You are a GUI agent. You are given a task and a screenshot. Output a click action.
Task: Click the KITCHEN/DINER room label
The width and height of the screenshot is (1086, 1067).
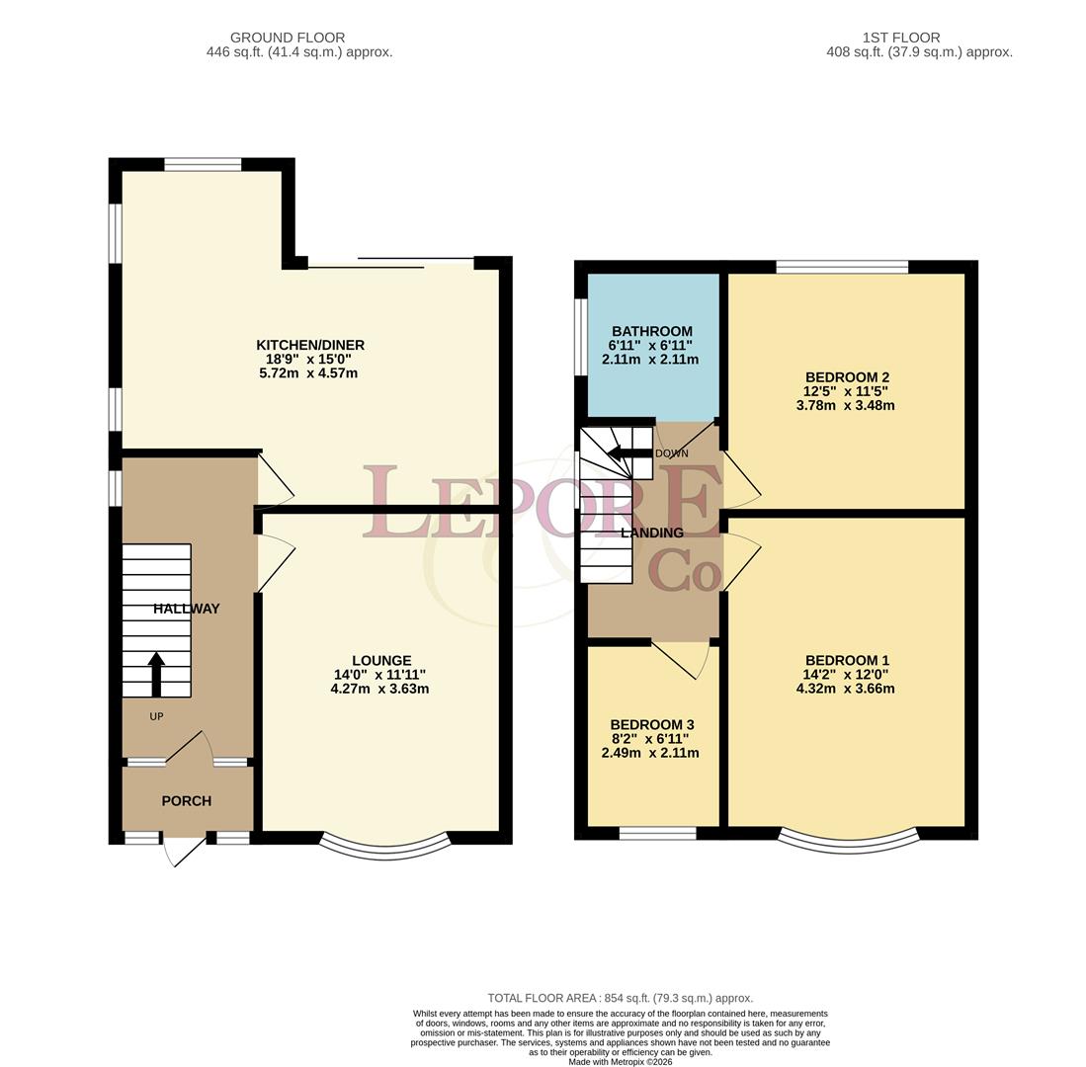[x=310, y=345]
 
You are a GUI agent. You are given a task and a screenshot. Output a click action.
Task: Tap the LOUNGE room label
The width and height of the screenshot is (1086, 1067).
[x=380, y=661]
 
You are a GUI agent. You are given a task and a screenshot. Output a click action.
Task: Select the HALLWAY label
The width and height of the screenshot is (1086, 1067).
[x=187, y=609]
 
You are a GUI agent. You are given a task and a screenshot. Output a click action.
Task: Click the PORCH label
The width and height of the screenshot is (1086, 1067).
[x=187, y=801]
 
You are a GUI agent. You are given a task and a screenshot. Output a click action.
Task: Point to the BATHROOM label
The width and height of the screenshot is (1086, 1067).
[x=652, y=331]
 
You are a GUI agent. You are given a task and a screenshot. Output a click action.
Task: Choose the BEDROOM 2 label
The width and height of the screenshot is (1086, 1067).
[x=847, y=377]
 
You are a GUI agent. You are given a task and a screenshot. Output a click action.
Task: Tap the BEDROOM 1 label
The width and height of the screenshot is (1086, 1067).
[x=847, y=661]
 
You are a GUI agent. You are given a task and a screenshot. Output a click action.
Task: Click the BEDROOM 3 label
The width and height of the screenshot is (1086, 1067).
[x=652, y=725]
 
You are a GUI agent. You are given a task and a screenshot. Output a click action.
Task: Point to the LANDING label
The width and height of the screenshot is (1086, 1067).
[x=652, y=533]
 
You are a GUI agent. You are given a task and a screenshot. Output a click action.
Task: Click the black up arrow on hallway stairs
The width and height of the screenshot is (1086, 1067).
[x=156, y=674]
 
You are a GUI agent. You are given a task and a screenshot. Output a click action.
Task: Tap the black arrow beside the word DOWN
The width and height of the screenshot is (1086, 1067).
[x=629, y=453]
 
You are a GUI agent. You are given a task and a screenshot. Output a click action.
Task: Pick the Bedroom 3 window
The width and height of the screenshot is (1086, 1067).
[x=657, y=833]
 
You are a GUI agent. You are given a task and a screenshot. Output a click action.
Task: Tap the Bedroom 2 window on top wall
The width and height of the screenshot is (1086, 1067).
[x=842, y=267]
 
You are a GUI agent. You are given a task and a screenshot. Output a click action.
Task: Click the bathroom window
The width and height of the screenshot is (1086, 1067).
[x=581, y=337]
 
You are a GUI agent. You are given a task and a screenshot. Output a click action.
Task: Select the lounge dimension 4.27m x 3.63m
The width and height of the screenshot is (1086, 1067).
[x=379, y=689]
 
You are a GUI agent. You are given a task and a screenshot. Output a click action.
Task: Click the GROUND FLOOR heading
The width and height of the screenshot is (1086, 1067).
[x=288, y=38]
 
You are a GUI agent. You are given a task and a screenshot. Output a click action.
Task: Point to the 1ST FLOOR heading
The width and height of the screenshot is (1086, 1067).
[x=901, y=38]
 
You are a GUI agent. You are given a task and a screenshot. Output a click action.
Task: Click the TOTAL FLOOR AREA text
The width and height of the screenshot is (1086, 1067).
[x=620, y=999]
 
